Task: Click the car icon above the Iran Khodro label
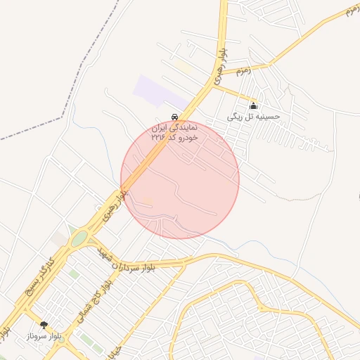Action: pos(174,117)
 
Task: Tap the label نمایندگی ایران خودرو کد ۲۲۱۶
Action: pos(175,133)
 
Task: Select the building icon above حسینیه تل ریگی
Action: pos(253,105)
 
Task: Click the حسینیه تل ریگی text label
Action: pos(253,116)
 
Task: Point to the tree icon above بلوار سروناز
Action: pos(44,324)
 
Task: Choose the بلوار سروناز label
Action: pos(44,336)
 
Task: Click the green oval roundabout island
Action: pos(79,239)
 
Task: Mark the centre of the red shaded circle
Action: pos(180,179)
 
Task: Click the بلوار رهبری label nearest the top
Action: pos(221,62)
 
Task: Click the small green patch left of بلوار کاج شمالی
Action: pos(74,274)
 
